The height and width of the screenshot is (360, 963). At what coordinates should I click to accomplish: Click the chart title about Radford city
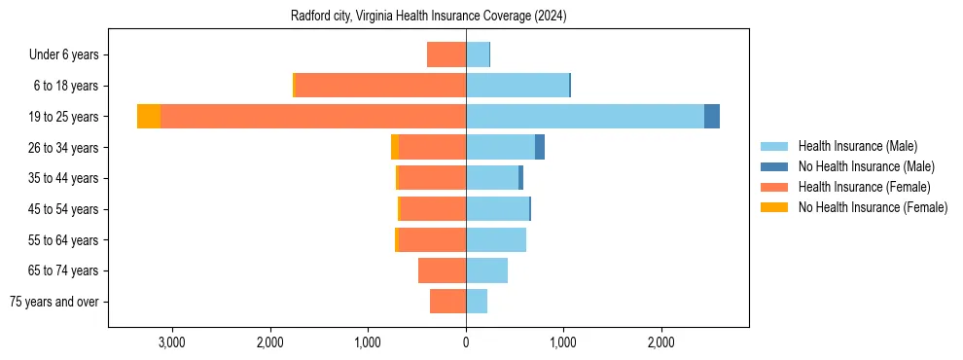point(428,17)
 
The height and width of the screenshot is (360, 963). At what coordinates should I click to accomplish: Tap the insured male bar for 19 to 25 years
point(585,117)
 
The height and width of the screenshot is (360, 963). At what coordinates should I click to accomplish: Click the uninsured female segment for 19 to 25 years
point(149,117)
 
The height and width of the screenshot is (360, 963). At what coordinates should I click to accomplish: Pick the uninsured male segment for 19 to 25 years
point(712,117)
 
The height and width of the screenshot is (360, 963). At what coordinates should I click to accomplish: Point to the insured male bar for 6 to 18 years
point(517,86)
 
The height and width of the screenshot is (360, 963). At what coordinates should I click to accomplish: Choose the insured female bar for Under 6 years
point(446,54)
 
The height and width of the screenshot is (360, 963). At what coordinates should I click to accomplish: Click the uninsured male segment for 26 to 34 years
point(540,147)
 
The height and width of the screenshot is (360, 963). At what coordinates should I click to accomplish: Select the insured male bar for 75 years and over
point(477,302)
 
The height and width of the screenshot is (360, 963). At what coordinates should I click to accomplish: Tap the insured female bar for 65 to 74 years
point(443,270)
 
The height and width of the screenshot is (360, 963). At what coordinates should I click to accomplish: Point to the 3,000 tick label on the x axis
point(172,342)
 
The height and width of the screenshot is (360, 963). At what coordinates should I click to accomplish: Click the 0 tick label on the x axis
point(466,342)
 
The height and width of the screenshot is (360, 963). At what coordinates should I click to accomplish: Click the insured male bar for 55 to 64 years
point(496,239)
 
